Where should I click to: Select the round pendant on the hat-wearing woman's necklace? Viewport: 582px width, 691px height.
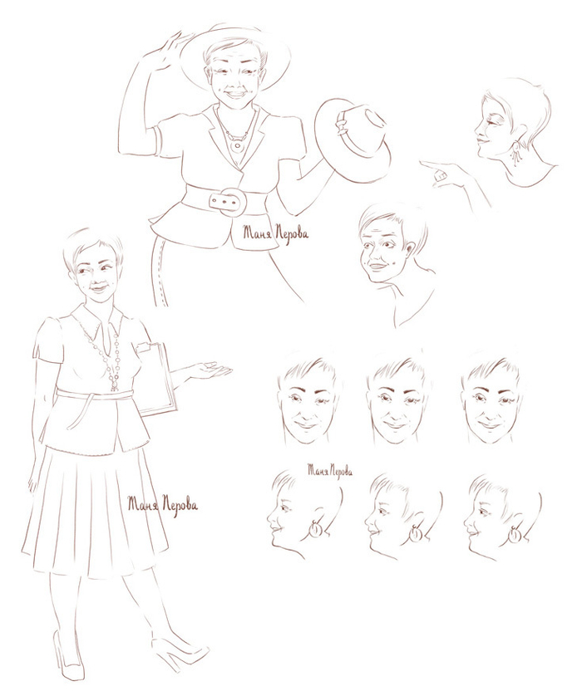239,145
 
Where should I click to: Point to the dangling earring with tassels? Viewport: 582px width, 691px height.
515,152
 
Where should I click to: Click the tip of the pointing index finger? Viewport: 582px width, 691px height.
422,163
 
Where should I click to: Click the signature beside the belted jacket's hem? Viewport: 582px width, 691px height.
275,232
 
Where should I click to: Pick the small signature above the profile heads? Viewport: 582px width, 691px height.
330,471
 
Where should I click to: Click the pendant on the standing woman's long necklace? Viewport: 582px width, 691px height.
114,385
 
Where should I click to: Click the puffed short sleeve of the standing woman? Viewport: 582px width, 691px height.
48,339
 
